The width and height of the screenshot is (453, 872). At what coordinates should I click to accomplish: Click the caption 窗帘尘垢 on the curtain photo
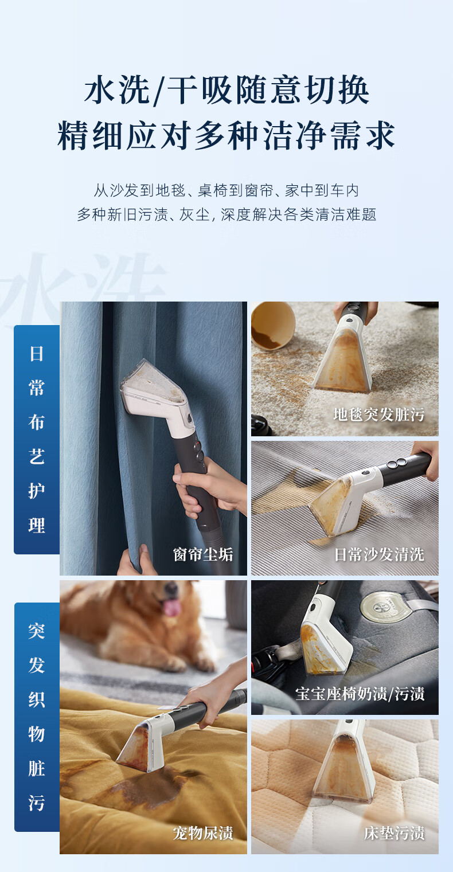pyautogui.click(x=203, y=554)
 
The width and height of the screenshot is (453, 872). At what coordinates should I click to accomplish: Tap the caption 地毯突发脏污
pyautogui.click(x=378, y=415)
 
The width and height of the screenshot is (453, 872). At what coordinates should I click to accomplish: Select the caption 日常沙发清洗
pyautogui.click(x=378, y=554)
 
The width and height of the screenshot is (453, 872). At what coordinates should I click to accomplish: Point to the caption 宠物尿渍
pyautogui.click(x=203, y=832)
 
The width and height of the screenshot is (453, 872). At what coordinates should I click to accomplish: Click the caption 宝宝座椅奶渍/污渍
pyautogui.click(x=360, y=694)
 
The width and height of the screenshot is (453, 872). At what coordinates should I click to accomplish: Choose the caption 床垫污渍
pyautogui.click(x=394, y=832)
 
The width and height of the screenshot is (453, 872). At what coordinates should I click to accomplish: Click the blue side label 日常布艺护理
pyautogui.click(x=37, y=439)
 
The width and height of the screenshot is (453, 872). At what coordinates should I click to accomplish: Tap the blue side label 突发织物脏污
pyautogui.click(x=37, y=717)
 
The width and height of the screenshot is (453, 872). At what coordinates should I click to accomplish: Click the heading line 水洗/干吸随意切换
pyautogui.click(x=226, y=91)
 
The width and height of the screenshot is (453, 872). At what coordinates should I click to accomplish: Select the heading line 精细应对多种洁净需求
pyautogui.click(x=226, y=135)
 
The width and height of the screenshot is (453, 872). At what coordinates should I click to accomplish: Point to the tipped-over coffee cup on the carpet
pyautogui.click(x=272, y=326)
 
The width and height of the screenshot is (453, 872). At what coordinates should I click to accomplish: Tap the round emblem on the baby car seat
pyautogui.click(x=385, y=607)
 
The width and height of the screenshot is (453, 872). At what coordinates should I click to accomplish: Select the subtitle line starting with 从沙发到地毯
pyautogui.click(x=226, y=190)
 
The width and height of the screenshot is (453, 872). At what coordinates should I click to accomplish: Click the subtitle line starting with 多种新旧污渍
pyautogui.click(x=226, y=214)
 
